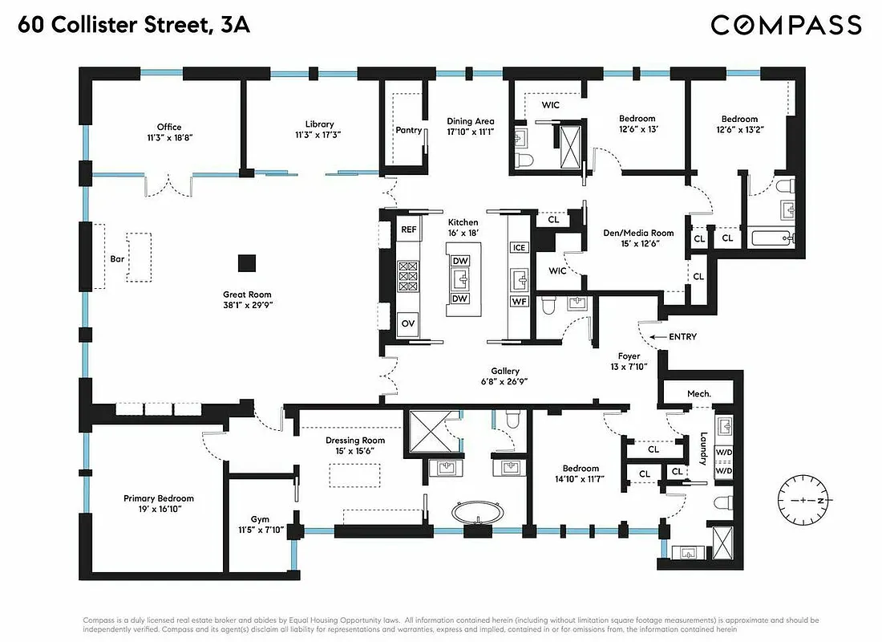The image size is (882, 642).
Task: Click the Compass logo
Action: point(786,25)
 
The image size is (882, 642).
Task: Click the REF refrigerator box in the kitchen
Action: point(409,230)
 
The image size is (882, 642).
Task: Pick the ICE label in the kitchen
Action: point(519,247)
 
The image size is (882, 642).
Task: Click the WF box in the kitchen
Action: point(519,302)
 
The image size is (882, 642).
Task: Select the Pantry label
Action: point(409,130)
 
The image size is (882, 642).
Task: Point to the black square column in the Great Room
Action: point(247,262)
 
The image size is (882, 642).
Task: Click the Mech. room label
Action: point(699,394)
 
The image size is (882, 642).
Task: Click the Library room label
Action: point(319,124)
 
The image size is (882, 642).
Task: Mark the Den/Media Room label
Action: point(638,234)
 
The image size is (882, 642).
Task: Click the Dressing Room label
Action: point(354,441)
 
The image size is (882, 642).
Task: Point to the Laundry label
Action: point(702,449)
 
